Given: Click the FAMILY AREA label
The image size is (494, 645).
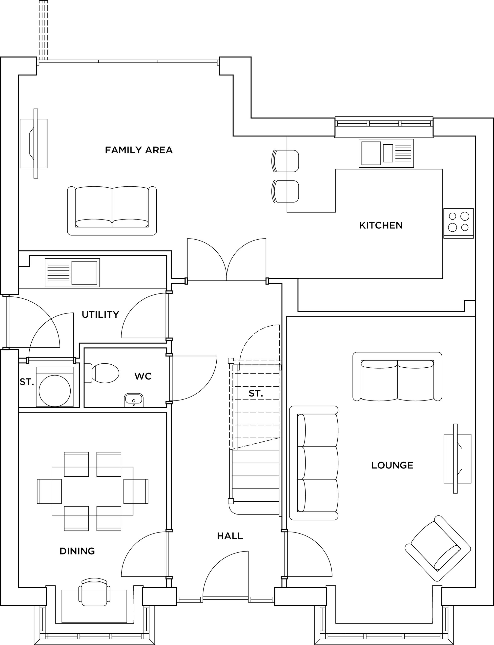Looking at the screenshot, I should [139, 150].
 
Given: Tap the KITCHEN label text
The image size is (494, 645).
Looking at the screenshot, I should [381, 225].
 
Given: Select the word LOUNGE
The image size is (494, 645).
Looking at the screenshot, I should [392, 465].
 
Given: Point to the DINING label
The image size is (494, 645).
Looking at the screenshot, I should [77, 551].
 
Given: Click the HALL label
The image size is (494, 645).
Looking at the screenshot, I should [230, 536].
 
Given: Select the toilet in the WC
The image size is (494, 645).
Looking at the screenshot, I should [103, 373].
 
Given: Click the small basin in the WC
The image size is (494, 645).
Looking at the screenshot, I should [134, 400].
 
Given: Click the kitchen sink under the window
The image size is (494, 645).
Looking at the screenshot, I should [386, 153].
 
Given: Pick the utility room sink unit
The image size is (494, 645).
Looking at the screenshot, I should [72, 272].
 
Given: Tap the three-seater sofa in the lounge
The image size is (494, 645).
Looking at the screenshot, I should [314, 463].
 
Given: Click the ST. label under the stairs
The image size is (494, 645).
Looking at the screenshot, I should [256, 393].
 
